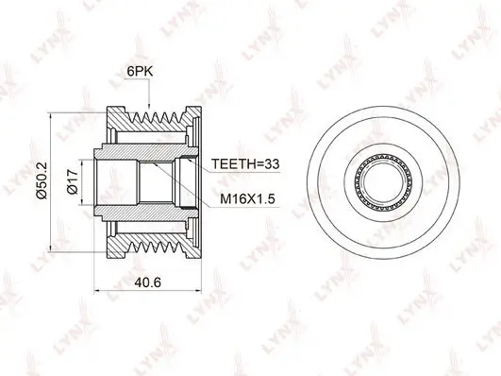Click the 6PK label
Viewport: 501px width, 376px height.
137,72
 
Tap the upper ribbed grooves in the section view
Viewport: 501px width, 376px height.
151,117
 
